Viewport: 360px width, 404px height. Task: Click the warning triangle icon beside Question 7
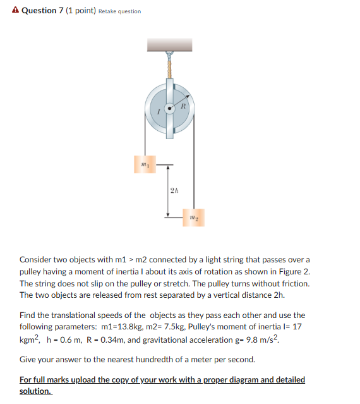(15, 11)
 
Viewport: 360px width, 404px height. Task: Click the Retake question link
(120, 11)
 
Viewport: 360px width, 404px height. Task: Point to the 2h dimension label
(175, 190)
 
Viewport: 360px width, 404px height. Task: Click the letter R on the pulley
(183, 106)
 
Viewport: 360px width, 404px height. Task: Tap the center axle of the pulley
(169, 109)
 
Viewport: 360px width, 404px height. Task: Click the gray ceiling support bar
(170, 44)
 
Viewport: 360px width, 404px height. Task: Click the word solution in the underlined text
(35, 391)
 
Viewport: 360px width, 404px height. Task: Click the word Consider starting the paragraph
(39, 260)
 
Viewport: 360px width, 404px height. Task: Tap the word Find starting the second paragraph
(28, 315)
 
